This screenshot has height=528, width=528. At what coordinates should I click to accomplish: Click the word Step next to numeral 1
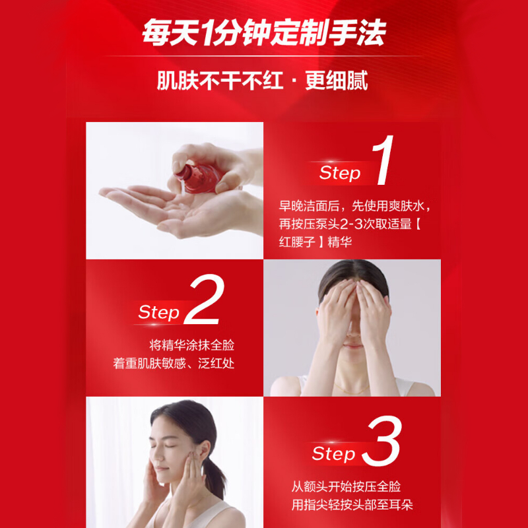[340, 173]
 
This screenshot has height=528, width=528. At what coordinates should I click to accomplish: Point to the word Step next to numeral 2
[158, 312]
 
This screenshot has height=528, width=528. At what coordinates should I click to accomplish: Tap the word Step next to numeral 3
[333, 453]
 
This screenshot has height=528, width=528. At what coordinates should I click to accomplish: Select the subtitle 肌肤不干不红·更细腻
[262, 80]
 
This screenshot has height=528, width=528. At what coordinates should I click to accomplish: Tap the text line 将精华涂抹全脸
[191, 345]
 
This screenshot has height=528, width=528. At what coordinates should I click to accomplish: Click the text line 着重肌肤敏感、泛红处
[174, 364]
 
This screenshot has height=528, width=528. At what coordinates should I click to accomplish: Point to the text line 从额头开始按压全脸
[346, 486]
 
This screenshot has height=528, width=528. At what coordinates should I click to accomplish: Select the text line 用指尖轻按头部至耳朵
[352, 505]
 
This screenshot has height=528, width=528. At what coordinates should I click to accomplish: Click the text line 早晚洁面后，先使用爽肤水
[351, 206]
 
